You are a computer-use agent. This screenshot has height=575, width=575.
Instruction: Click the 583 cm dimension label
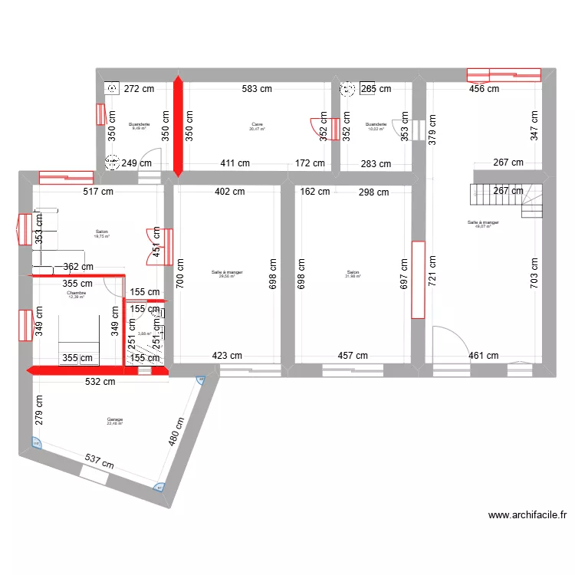tap(256, 89)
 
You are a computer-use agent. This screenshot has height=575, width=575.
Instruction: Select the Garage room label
tap(115, 421)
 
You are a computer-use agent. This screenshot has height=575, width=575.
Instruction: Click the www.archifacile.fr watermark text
tap(527, 516)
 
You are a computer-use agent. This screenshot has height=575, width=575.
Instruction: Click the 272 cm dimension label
tap(140, 89)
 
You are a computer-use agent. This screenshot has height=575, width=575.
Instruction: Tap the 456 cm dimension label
tap(484, 89)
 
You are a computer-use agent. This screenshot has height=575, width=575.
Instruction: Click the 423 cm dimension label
tap(228, 356)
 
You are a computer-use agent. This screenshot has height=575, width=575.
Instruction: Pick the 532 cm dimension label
tap(100, 381)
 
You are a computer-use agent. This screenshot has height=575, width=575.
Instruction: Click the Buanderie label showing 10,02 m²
tap(376, 127)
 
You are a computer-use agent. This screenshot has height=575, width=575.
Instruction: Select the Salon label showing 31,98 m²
tap(353, 274)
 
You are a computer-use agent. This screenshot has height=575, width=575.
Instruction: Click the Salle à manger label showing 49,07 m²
tap(483, 225)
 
